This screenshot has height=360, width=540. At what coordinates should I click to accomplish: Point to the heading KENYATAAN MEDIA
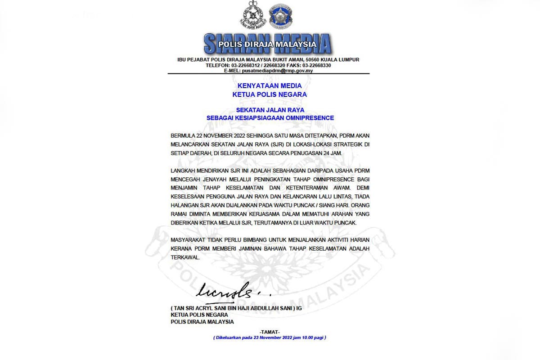point(270,85)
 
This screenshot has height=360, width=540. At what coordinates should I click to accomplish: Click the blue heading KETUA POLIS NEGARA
point(270,94)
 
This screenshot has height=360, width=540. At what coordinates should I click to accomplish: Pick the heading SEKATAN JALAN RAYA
point(270,109)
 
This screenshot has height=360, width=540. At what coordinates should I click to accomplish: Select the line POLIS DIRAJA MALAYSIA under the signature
point(202,322)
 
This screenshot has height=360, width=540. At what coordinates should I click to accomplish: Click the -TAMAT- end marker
point(270,332)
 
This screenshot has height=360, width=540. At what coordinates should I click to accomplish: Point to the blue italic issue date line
point(270,337)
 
